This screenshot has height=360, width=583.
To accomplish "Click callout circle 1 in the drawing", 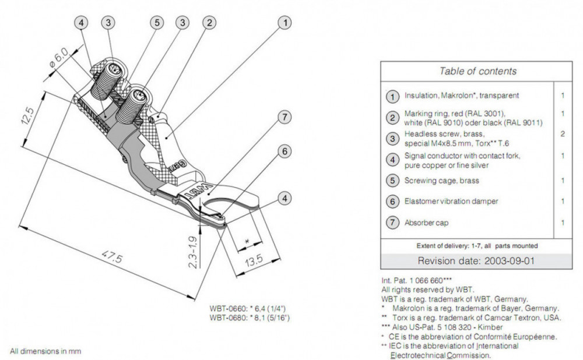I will click(x=284, y=23).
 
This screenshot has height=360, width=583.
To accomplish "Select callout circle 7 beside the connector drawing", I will click(x=284, y=117).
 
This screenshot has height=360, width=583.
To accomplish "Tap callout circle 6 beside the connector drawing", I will click(x=284, y=151).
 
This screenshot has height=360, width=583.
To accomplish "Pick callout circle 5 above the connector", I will click(x=156, y=23).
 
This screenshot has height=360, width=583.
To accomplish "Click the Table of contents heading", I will click(x=477, y=72).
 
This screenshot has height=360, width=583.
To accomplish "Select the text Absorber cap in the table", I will click(x=426, y=223).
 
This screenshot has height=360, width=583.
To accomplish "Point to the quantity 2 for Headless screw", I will click(x=563, y=133).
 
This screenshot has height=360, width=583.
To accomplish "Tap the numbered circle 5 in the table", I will click(x=393, y=181).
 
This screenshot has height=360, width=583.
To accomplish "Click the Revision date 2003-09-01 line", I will click(x=476, y=260).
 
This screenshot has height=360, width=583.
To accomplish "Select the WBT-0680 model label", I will click(x=250, y=318).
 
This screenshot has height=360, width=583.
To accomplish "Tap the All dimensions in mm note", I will click(x=45, y=351).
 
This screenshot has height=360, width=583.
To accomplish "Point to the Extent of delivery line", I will click(x=477, y=245).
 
